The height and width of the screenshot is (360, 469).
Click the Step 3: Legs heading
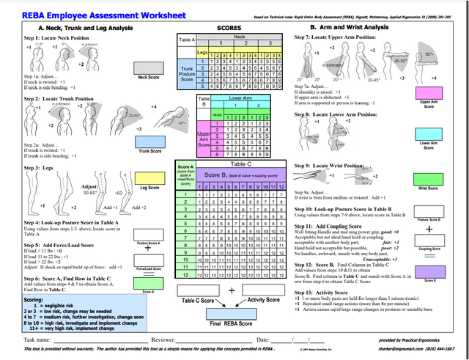tap(40, 168)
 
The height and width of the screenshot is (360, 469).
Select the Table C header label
tap(233, 165)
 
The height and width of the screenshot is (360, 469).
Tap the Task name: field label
tap(37, 340)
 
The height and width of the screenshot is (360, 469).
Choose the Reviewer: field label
tap(167, 340)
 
